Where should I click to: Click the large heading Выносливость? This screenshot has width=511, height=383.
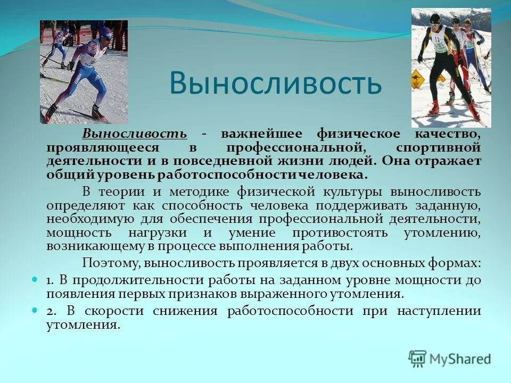(275, 82)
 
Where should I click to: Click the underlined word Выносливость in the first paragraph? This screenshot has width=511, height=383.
(134, 134)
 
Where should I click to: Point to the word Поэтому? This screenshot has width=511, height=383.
(111, 263)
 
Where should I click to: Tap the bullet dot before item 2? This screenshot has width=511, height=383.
(35, 309)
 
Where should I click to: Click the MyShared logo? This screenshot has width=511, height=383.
(449, 359)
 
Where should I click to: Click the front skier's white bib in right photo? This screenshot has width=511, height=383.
(439, 44)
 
